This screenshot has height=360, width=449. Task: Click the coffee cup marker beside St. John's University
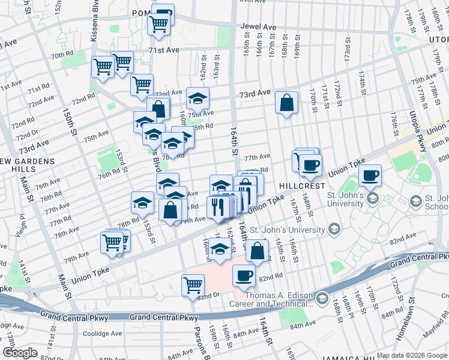[370, 176]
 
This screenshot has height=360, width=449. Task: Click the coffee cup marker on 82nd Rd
[243, 275]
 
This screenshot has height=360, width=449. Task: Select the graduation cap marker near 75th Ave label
[197, 98]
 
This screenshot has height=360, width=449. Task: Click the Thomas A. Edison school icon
[322, 299]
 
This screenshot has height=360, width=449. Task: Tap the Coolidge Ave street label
[103, 334]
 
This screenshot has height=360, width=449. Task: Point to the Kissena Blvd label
[94, 24]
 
